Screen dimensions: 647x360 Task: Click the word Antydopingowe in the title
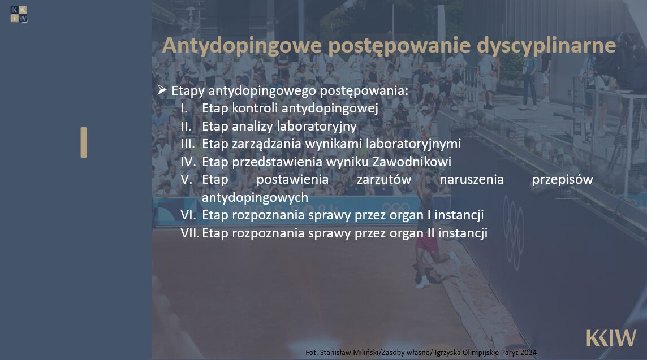(242, 46)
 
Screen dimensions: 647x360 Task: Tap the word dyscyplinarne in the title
(546, 46)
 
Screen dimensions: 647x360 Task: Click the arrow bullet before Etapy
(162, 89)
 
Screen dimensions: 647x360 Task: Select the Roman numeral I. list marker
(184, 108)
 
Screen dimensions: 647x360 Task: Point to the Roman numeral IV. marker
(188, 162)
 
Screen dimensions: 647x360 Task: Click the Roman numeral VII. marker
(190, 233)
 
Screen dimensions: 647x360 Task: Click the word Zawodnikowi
(412, 162)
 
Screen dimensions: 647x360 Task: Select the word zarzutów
(384, 180)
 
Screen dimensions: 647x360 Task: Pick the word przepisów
(562, 180)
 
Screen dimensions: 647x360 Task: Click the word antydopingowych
(255, 198)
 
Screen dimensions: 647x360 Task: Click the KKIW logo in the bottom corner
(611, 338)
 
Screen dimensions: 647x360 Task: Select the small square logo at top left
(19, 15)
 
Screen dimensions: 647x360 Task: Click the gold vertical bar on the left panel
(84, 142)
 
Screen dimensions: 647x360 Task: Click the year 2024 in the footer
(529, 353)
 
